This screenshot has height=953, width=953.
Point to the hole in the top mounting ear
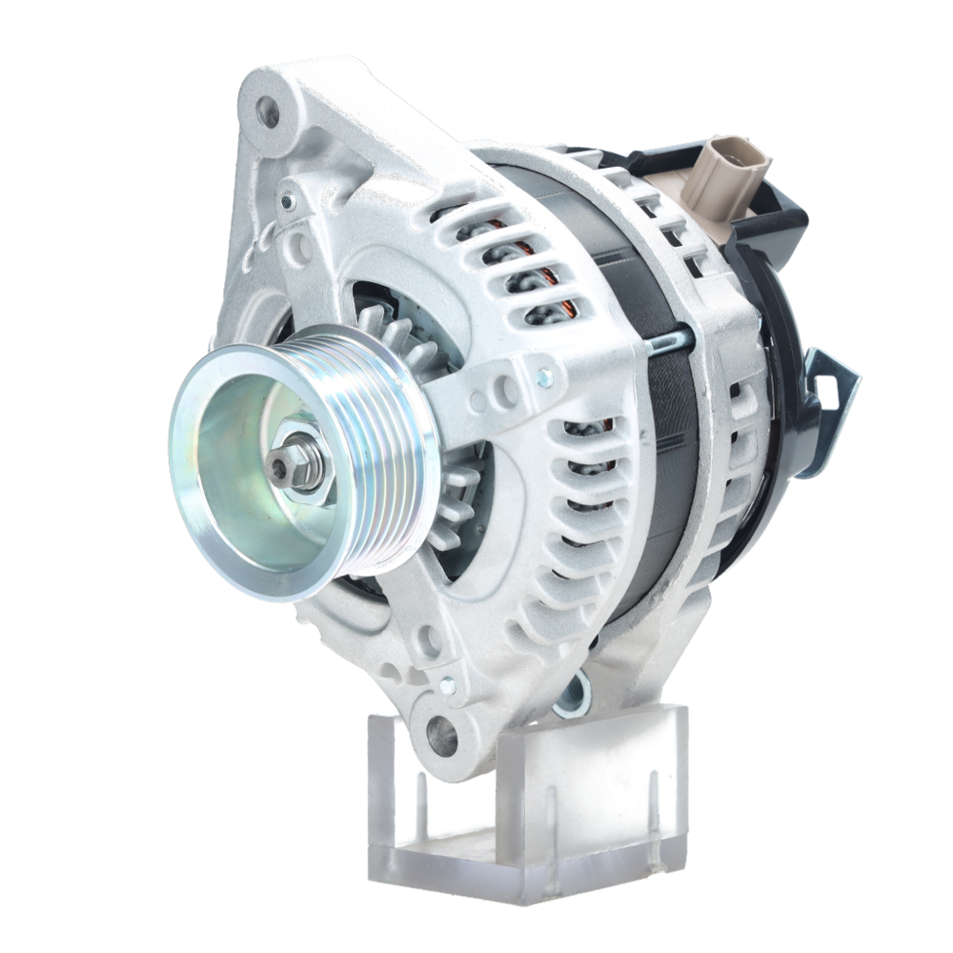[269, 112]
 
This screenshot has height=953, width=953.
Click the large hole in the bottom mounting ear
[440, 735]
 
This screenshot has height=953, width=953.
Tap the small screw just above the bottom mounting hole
[447, 683]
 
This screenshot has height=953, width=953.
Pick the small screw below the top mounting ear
[287, 201]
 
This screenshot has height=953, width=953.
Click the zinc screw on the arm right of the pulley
[545, 379]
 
